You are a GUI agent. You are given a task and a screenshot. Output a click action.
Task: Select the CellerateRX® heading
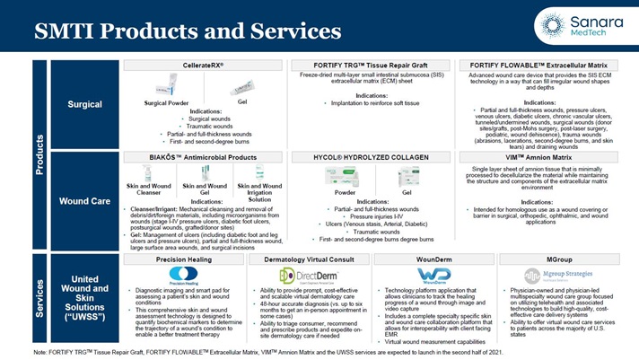pos(196,66)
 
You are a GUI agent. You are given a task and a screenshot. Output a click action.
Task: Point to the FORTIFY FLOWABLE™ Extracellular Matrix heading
pos(545,66)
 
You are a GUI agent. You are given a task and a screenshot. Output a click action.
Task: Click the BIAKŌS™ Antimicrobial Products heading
pos(196,155)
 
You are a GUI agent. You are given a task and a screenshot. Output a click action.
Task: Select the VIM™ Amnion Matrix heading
pos(545,155)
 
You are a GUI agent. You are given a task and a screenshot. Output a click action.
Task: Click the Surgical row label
pos(85,105)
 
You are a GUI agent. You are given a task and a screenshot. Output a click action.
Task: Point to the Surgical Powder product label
pos(166,103)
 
